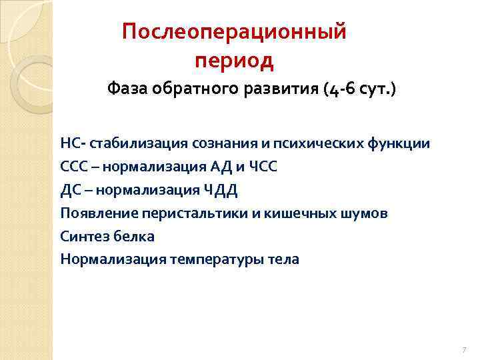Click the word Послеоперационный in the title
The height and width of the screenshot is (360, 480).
click(x=235, y=32)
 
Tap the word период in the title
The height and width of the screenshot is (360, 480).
click(x=235, y=61)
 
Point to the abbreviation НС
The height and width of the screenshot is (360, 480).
click(x=69, y=143)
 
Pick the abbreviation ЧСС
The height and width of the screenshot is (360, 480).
click(x=261, y=167)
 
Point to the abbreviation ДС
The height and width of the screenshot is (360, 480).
click(x=70, y=190)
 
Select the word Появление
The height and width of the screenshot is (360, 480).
click(x=93, y=213)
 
